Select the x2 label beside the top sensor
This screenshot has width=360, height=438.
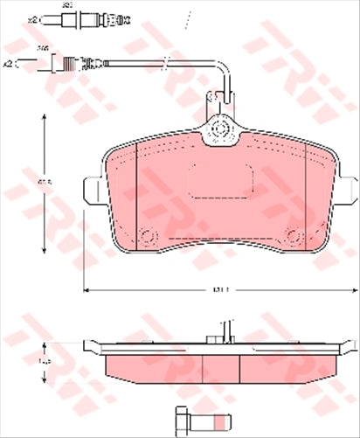click(33, 18)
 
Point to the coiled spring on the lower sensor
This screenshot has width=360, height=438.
click(91, 63)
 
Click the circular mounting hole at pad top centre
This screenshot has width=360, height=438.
click(220, 131)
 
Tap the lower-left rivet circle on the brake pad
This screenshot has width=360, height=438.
click(147, 234)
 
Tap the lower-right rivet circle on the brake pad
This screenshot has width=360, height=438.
click(294, 234)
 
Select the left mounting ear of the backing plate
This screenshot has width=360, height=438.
click(90, 188)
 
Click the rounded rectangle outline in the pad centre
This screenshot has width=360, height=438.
click(220, 184)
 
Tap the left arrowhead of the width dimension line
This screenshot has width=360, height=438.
click(86, 289)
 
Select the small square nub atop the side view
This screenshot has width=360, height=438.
click(212, 335)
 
